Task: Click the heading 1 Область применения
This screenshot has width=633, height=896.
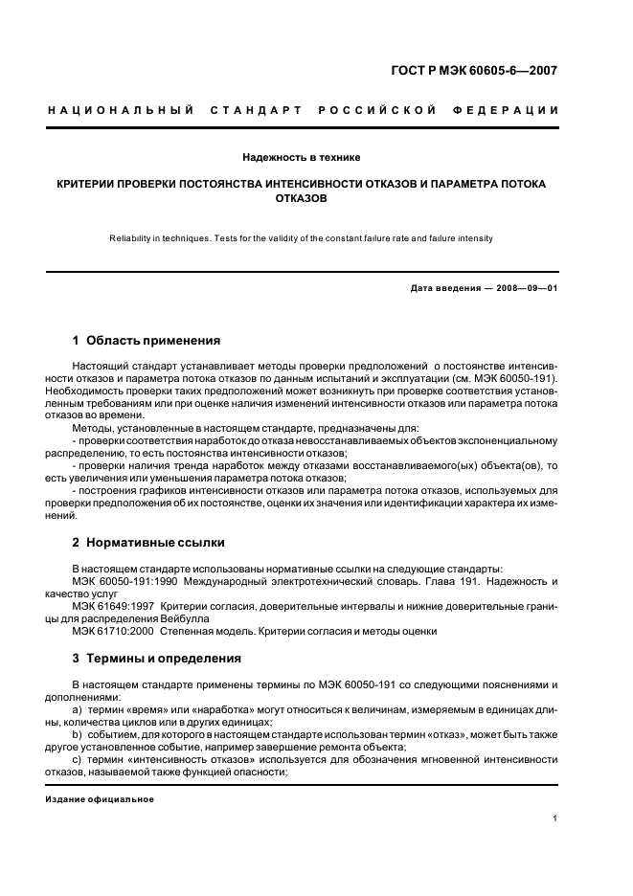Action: pyautogui.click(x=147, y=340)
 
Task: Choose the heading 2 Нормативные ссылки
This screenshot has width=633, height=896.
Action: pyautogui.click(x=148, y=542)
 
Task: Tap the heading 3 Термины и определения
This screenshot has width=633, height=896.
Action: pyautogui.click(x=157, y=659)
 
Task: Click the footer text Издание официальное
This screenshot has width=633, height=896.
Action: pyautogui.click(x=100, y=799)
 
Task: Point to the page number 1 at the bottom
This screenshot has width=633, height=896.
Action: pyautogui.click(x=555, y=818)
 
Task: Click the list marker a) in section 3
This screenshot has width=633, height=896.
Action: pyautogui.click(x=78, y=710)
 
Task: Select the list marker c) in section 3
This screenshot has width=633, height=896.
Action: pyautogui.click(x=78, y=758)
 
